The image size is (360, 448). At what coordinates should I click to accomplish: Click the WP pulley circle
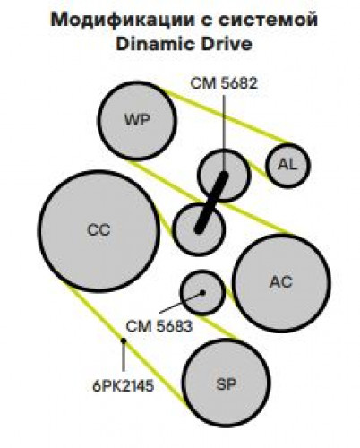coord(137,121)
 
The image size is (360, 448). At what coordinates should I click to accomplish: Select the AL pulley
coord(287,166)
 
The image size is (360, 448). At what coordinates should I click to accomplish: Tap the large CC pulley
coord(99,230)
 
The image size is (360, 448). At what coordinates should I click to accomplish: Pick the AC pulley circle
coord(281,283)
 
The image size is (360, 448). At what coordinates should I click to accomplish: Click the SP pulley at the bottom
coord(226,383)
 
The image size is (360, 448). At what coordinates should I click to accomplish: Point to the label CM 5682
coord(224,83)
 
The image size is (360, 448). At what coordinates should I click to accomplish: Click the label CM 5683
coord(159,326)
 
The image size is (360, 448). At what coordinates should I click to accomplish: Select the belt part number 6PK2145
coord(124,386)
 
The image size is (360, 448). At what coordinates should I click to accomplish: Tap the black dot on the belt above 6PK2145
coord(124,340)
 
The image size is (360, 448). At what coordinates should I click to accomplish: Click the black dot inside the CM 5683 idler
coord(202,292)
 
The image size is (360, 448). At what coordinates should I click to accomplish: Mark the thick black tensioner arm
coord(211,202)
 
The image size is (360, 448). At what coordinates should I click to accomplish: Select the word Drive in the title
coord(227,44)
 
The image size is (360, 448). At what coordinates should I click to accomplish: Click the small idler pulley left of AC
coord(202,292)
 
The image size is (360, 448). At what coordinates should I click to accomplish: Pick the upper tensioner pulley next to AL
coord(224,176)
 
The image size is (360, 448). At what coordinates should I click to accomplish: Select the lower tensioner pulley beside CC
coord(199,229)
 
